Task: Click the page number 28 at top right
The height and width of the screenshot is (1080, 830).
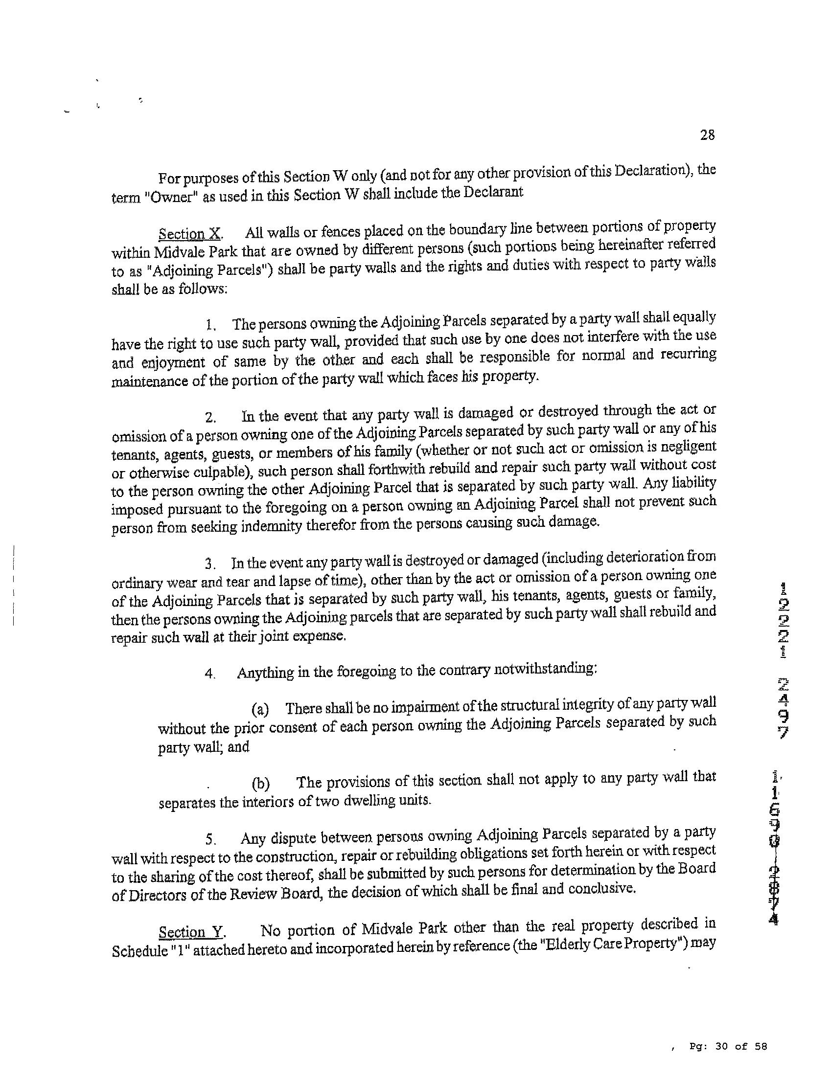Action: pos(707,135)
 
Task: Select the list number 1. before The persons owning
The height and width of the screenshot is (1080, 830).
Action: pos(211,325)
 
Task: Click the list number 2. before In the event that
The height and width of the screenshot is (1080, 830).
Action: pos(211,418)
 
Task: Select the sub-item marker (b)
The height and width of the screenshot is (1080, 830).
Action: pos(261,784)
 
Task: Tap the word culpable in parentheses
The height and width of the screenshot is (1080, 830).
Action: pos(221,472)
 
